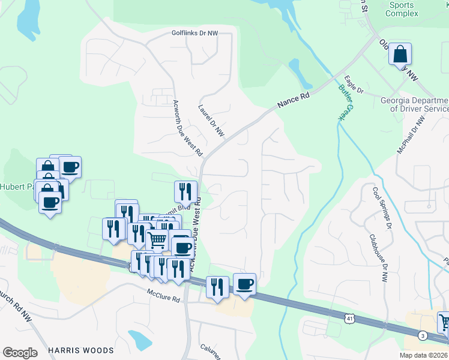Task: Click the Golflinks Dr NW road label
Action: click(x=194, y=34)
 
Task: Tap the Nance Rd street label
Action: click(x=294, y=100)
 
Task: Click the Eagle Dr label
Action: click(x=354, y=85)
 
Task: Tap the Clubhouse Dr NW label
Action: click(x=379, y=258)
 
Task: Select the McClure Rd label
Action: click(x=164, y=298)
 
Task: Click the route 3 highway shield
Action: click(x=423, y=335)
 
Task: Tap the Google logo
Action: click(x=20, y=353)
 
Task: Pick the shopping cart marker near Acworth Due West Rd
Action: click(x=157, y=240)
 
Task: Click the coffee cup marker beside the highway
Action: click(x=244, y=284)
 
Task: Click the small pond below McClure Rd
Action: click(x=140, y=340)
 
